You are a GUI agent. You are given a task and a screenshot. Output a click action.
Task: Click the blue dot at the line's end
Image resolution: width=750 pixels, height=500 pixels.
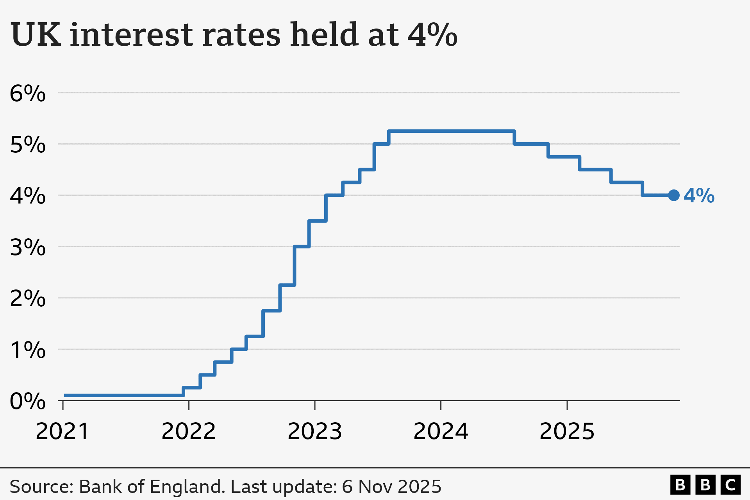(673, 195)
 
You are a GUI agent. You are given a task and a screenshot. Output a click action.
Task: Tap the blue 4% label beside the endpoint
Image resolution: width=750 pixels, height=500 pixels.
(699, 196)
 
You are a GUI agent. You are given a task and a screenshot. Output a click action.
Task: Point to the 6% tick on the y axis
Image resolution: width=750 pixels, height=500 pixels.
(27, 94)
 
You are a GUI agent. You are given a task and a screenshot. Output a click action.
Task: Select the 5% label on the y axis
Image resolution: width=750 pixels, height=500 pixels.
(27, 145)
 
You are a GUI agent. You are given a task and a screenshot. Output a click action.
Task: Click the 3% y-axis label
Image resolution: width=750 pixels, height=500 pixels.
(27, 248)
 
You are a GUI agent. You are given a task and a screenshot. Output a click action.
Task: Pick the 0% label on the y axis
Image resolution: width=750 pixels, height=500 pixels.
(27, 401)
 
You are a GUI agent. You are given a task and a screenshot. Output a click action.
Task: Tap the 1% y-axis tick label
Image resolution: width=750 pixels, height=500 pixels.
(27, 350)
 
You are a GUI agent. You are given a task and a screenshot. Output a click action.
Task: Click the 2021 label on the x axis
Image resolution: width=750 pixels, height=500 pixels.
(62, 432)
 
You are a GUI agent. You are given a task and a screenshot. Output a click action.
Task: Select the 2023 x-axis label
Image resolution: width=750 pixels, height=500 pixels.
(314, 432)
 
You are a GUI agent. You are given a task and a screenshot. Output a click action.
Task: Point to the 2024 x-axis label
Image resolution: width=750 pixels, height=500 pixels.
(441, 432)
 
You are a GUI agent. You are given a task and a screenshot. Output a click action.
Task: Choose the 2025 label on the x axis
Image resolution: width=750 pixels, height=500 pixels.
(567, 432)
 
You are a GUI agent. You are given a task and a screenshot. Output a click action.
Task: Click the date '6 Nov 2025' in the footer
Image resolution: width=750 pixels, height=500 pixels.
(391, 487)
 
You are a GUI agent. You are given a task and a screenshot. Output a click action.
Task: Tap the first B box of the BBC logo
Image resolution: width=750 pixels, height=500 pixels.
(680, 485)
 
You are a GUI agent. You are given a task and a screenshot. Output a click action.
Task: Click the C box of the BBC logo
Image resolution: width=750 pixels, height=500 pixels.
(730, 485)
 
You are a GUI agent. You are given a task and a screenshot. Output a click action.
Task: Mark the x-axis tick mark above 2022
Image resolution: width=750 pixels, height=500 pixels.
(189, 405)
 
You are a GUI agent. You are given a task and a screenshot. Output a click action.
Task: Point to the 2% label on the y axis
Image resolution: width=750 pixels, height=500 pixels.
(27, 299)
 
